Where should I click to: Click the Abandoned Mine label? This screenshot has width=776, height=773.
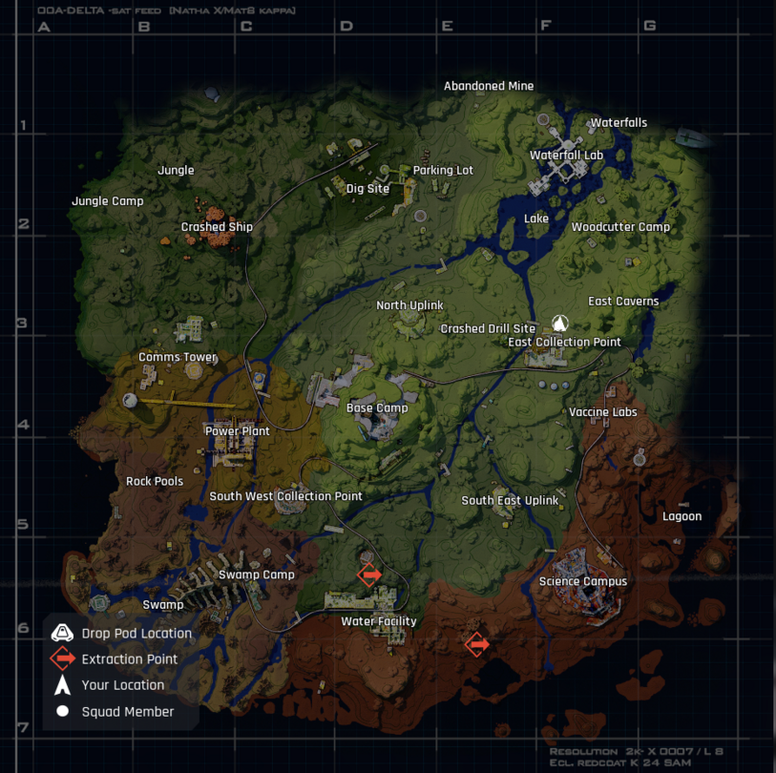coord(488,86)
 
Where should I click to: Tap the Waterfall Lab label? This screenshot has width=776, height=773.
coord(566,156)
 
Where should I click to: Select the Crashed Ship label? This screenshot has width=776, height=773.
coord(217,227)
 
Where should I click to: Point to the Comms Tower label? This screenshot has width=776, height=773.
coord(178,358)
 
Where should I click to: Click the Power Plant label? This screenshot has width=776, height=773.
coord(238,431)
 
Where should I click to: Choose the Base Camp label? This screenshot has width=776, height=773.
coord(377,408)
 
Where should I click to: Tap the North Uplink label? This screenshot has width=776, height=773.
coord(409,305)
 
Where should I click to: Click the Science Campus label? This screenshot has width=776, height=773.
coord(582,582)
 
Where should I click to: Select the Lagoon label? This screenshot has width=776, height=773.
coord(682,517)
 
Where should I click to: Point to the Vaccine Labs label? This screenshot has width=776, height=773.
coord(602,413)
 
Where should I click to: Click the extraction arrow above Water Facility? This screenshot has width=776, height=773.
coord(369,575)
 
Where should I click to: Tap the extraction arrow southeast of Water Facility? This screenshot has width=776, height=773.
coord(476,645)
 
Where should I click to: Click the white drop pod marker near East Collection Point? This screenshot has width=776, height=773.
coord(559,324)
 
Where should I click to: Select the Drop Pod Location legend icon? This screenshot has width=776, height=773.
coord(63,633)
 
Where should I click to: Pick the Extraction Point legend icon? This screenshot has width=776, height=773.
coord(63,658)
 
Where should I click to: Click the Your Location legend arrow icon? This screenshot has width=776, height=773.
coord(63,685)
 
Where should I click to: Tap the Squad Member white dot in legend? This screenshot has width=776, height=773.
coord(63,711)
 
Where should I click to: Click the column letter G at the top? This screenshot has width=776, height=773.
coord(649,26)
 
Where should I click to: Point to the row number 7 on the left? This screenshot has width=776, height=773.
coord(22,728)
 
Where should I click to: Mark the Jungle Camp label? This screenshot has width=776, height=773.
coord(107,201)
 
